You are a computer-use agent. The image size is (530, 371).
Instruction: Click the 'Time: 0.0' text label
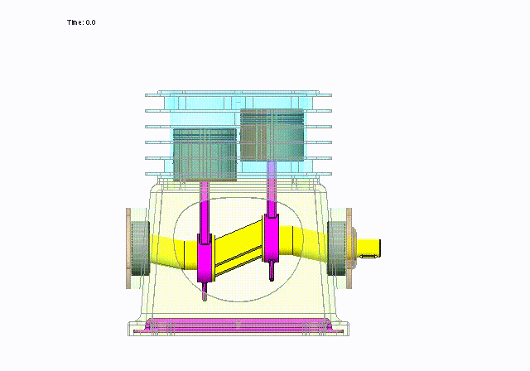tap(81, 22)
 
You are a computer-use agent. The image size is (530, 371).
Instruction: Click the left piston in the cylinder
tap(205, 154)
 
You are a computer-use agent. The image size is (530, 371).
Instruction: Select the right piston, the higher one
tap(272, 133)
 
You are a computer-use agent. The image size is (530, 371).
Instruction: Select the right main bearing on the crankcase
tap(338, 248)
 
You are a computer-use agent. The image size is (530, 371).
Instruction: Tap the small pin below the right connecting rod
tap(272, 271)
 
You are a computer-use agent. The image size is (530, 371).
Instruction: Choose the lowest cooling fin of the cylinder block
tap(232, 174)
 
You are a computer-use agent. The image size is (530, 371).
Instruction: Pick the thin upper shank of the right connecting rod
tap(272, 186)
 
